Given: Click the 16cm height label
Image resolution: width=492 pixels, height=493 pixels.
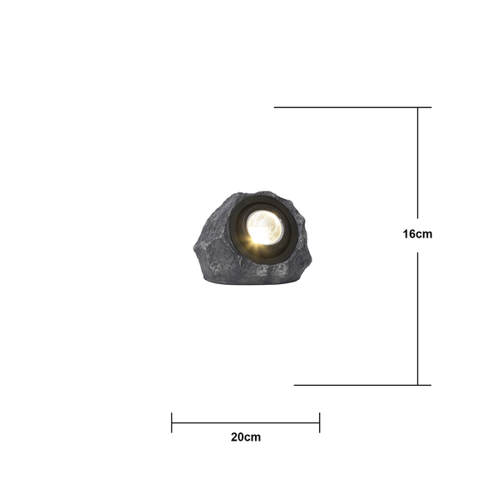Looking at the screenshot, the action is click(x=417, y=234).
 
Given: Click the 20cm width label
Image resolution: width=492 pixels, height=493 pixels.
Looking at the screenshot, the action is click(x=246, y=437).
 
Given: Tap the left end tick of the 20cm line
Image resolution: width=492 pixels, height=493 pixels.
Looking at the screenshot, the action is click(x=171, y=423).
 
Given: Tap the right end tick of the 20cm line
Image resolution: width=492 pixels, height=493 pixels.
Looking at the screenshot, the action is click(x=320, y=423).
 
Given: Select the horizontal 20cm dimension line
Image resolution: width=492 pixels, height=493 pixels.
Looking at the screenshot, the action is click(x=245, y=423).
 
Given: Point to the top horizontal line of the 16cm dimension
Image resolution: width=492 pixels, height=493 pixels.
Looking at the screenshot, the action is click(x=353, y=107).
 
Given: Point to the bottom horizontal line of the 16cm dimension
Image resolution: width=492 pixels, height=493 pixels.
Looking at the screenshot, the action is click(x=362, y=385).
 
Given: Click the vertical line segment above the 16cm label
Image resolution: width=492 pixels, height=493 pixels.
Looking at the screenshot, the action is click(x=417, y=163).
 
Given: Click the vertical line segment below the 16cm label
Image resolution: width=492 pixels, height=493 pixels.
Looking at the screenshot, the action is click(x=417, y=319).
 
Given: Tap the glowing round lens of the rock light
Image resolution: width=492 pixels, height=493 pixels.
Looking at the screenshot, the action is click(x=265, y=228).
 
